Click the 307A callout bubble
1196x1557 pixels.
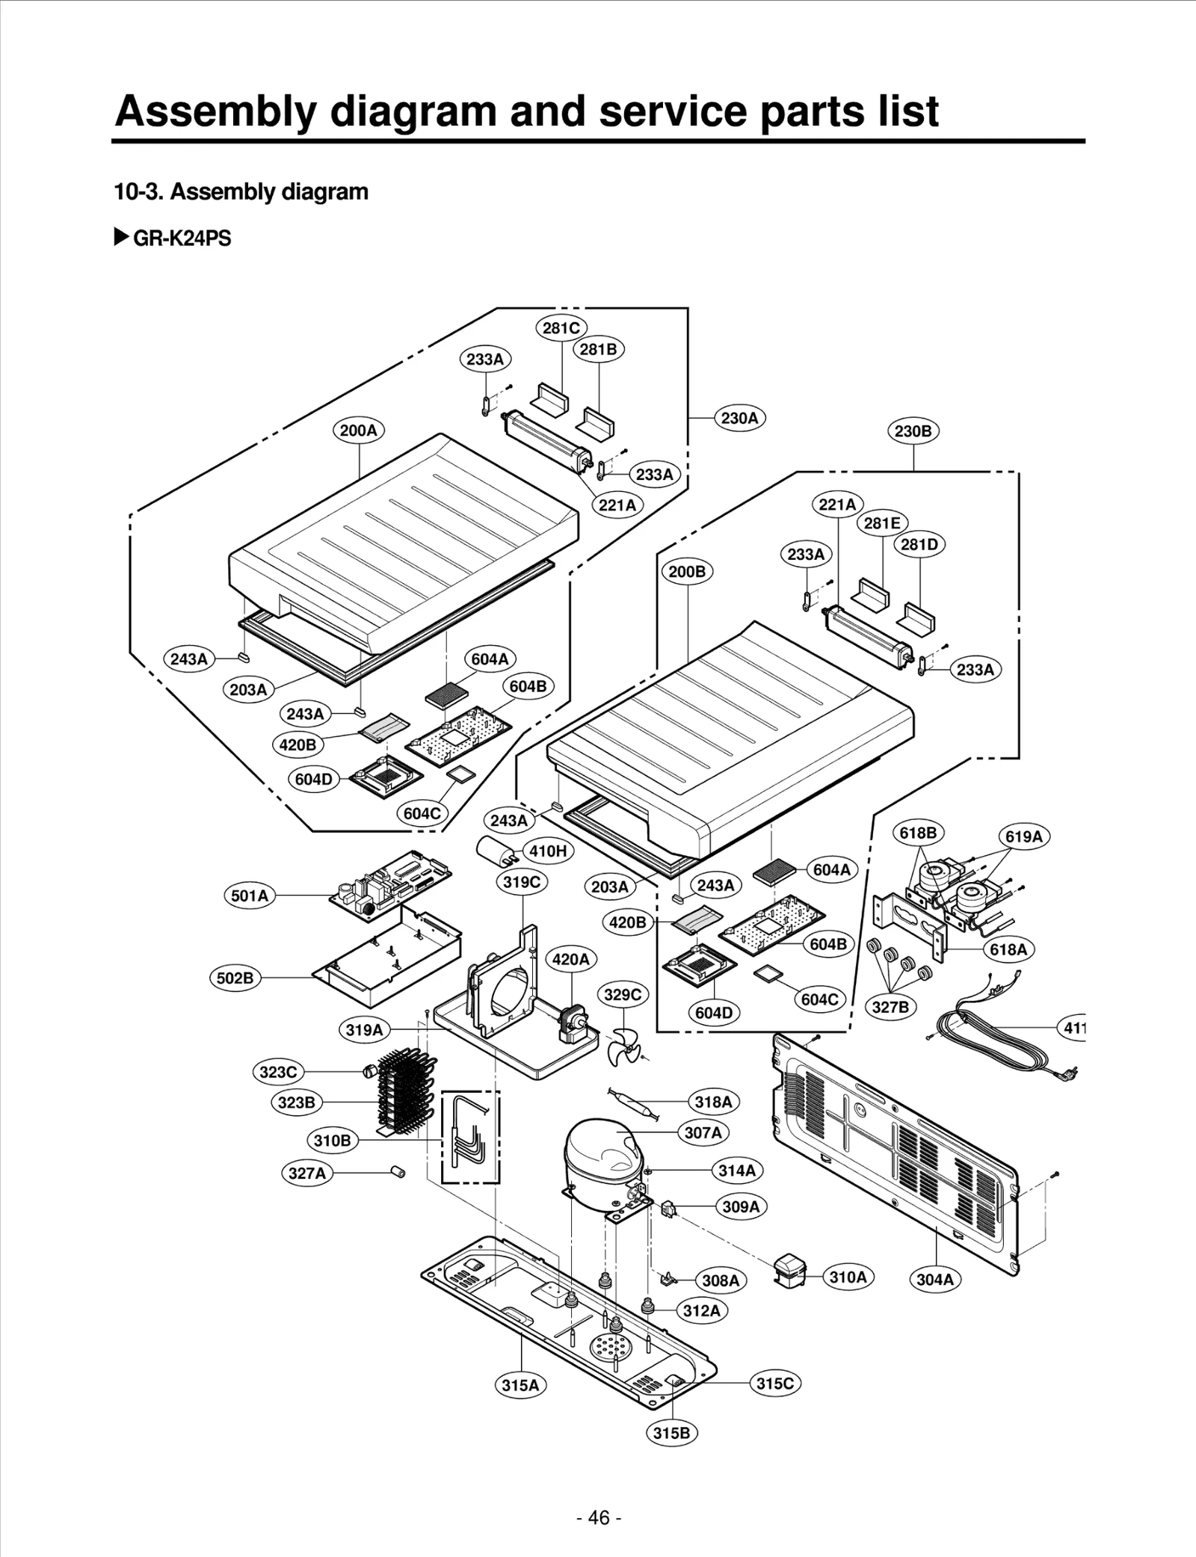[x=703, y=1132]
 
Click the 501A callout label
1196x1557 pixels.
[x=249, y=895]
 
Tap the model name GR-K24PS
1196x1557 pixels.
[x=182, y=238]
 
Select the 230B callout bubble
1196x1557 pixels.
[x=913, y=431]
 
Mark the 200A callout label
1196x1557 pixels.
[x=358, y=431]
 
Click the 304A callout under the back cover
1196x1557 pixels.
[x=935, y=1279]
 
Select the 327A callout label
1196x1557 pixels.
[x=307, y=1173]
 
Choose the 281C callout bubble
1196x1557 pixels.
[x=561, y=328]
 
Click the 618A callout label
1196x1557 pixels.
[x=1008, y=949]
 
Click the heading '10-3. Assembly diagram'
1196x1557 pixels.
[x=241, y=192]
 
